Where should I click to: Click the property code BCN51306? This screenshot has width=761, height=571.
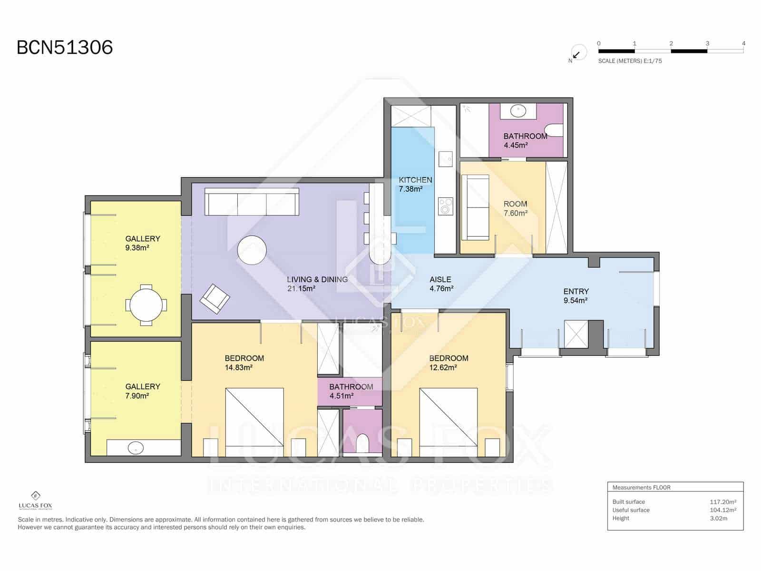[x=65, y=47]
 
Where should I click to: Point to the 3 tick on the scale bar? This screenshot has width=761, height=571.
[x=707, y=43]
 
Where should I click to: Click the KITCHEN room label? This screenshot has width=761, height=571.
[x=415, y=180]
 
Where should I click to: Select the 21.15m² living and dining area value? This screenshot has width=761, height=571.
[x=301, y=288]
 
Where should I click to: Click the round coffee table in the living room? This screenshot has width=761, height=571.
[x=252, y=250]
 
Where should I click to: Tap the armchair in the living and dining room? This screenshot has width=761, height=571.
[x=215, y=299]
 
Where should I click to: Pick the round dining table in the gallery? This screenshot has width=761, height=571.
[x=146, y=305]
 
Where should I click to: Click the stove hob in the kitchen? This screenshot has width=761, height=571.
[x=446, y=207]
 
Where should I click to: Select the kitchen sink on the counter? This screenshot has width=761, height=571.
[x=446, y=159]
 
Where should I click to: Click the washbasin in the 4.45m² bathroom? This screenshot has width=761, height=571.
[x=518, y=111]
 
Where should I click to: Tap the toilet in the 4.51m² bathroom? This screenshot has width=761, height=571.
[x=362, y=443]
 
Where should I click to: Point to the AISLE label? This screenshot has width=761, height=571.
[x=440, y=279]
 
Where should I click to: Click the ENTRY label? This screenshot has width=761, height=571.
[x=576, y=292]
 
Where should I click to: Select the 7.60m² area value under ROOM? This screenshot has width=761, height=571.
[x=516, y=213]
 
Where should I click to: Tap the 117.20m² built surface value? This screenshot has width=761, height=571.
[x=723, y=502]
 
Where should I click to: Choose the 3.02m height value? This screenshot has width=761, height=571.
[x=718, y=518]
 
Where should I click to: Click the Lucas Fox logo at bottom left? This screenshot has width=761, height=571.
[x=35, y=500]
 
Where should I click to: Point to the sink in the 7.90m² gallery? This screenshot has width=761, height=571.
[x=136, y=448]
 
